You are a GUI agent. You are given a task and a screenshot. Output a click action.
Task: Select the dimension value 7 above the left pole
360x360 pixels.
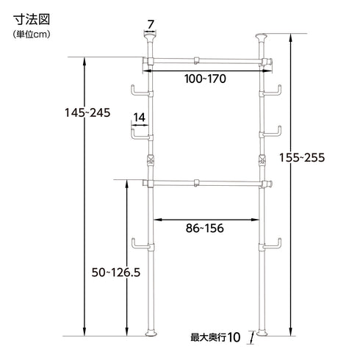151,24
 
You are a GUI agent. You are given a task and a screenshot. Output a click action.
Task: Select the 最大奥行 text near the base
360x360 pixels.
208,338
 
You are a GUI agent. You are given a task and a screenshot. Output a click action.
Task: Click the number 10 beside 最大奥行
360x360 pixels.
234,338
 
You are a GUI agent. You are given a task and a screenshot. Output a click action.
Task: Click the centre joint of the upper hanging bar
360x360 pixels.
196,61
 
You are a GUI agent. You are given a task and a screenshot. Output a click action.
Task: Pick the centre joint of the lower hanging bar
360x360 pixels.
196,183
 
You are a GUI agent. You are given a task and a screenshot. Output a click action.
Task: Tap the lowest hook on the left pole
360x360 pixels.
139,245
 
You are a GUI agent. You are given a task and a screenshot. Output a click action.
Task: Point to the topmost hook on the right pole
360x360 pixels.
273,91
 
